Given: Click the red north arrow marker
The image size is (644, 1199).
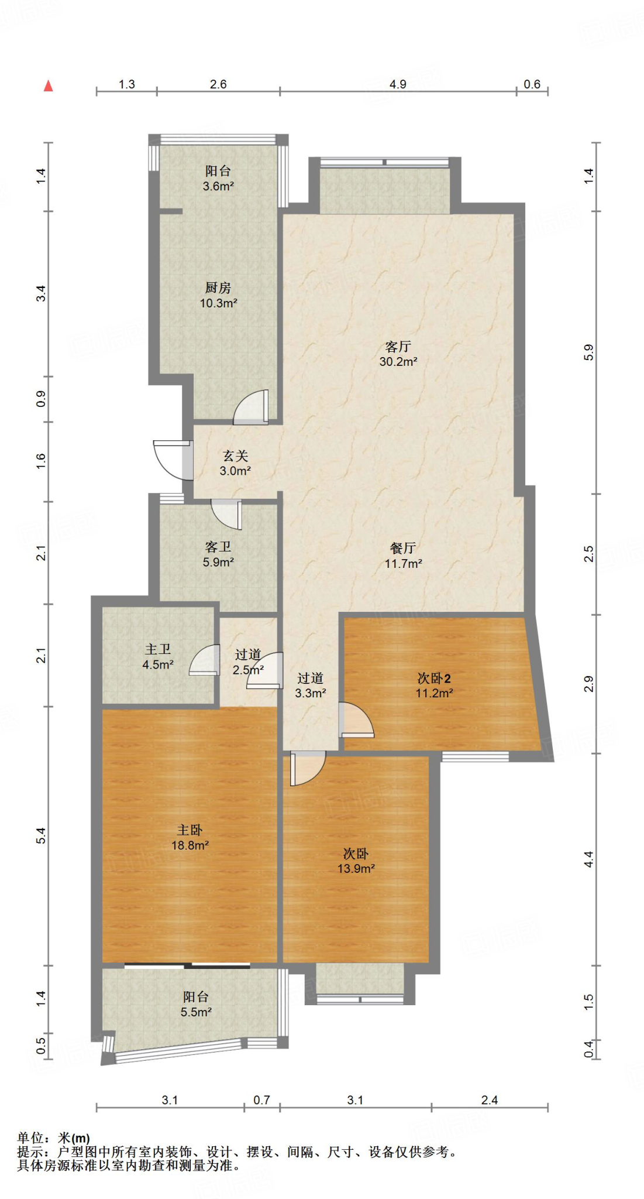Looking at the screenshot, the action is [49, 85].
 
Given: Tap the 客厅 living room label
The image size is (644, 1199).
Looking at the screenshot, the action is [398, 347].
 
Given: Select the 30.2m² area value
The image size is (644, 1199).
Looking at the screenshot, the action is [398, 362].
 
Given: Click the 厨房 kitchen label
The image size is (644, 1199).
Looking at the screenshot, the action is [218, 287].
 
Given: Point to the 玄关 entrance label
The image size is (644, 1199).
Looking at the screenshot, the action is [235, 455].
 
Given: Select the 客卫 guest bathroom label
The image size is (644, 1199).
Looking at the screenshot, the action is [218, 547].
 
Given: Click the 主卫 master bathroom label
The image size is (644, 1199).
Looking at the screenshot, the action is [158, 649].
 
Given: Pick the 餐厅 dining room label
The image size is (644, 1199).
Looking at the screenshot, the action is [403, 548].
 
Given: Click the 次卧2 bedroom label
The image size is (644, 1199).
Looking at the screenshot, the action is [434, 679].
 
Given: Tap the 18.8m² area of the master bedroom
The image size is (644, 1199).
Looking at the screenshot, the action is [190, 845].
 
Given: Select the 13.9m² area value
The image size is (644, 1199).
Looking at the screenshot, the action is [356, 869].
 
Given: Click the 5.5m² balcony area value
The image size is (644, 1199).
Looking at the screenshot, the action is [196, 1012].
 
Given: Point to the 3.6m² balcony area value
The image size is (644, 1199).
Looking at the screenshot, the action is [218, 186].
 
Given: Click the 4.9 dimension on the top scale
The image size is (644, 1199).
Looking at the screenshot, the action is [398, 84].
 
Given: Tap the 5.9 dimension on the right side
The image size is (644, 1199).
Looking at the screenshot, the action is [589, 352].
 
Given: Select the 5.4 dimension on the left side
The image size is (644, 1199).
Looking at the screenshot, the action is [41, 836].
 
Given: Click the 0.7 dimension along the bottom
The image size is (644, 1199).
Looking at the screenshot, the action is [261, 1100].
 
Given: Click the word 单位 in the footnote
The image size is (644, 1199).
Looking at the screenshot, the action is [30, 1138].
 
